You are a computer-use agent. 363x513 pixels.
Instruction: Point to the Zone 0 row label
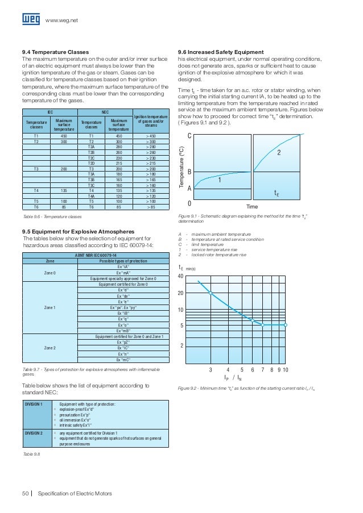(49, 273)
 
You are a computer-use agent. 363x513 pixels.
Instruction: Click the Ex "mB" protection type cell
(123, 331)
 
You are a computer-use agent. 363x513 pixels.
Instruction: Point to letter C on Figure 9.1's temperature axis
(189, 136)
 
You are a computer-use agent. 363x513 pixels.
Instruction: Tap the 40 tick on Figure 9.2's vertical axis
(181, 277)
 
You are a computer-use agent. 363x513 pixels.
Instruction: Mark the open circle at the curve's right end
(286, 326)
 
